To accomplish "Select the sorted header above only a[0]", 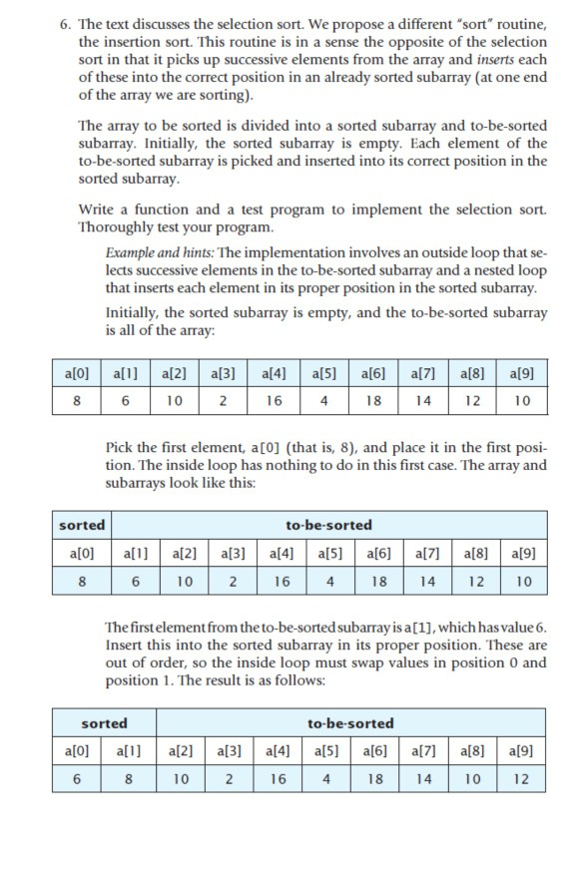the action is tap(82, 525).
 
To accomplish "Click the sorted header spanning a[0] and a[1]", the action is tap(105, 722).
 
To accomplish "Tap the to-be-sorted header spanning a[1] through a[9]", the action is tap(328, 525).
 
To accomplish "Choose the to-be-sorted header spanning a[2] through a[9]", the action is tap(352, 722).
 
